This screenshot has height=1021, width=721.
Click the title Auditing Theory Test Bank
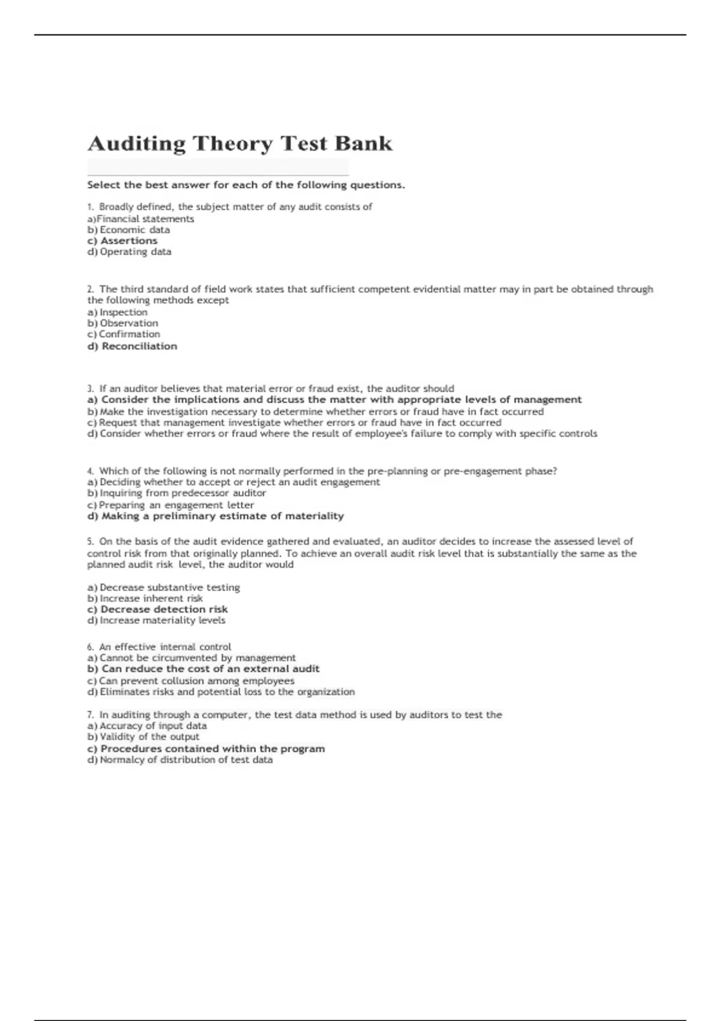(x=240, y=144)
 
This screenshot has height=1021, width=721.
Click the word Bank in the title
(x=364, y=144)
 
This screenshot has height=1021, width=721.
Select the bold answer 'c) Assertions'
(x=123, y=241)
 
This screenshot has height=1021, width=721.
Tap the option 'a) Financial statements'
(x=141, y=219)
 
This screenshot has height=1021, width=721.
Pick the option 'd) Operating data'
(x=129, y=252)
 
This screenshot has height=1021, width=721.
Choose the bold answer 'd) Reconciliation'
(x=132, y=346)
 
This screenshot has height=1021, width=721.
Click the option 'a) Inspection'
(x=117, y=312)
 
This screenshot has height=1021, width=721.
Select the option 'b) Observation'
(x=123, y=323)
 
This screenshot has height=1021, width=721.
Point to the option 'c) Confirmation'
(x=124, y=334)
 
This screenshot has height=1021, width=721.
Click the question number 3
(x=91, y=389)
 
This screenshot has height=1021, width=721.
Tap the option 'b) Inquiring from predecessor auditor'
(x=177, y=493)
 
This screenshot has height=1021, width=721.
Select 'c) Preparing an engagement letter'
(x=171, y=505)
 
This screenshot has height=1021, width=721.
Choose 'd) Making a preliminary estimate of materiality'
(x=216, y=516)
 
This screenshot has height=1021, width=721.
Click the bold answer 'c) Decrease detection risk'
(x=157, y=609)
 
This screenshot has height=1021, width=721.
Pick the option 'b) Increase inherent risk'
(x=145, y=598)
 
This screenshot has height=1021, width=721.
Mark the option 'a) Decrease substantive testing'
(x=163, y=587)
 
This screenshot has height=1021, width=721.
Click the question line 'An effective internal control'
(x=165, y=647)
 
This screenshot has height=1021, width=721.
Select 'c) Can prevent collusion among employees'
(x=191, y=680)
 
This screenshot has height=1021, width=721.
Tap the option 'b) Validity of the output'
(x=143, y=737)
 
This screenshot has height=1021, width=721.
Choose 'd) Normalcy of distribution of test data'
(x=180, y=760)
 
